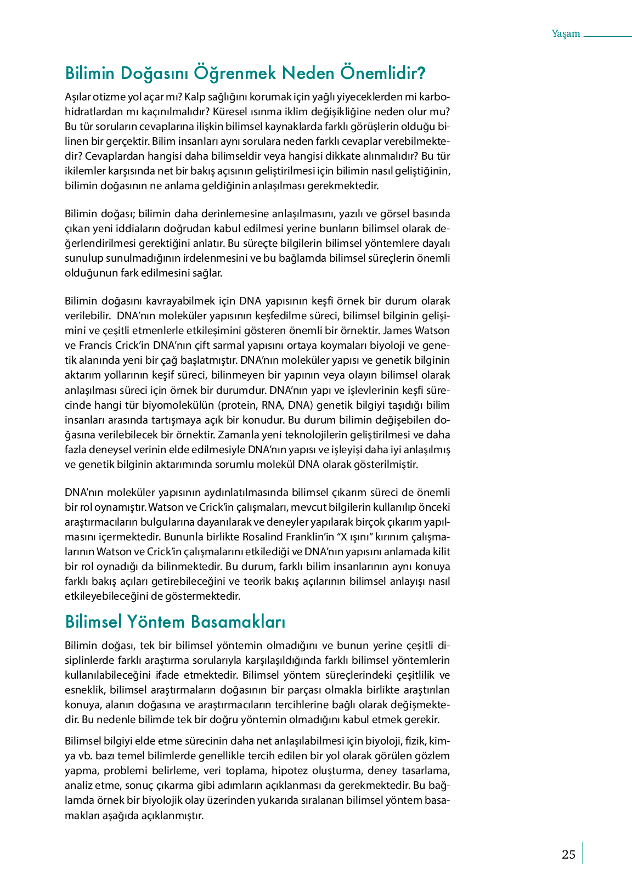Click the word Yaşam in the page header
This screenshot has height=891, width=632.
tap(566, 33)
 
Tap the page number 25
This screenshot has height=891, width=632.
tap(568, 854)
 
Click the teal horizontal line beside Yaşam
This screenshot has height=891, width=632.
tap(607, 36)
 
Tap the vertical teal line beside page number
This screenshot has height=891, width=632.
tap(583, 853)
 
